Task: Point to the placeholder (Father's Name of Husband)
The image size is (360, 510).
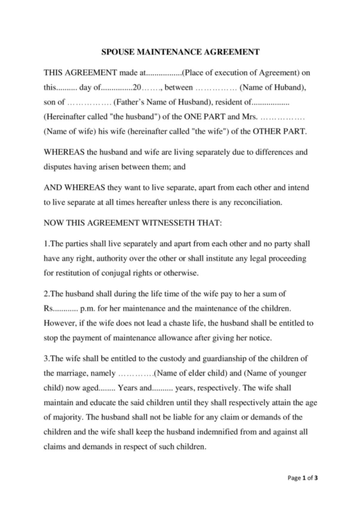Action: (162, 102)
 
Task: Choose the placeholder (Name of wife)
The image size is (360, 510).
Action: (70, 131)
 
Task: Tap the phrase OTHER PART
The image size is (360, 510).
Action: (279, 131)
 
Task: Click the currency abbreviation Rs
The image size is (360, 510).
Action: (48, 308)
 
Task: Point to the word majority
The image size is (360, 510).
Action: (67, 417)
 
